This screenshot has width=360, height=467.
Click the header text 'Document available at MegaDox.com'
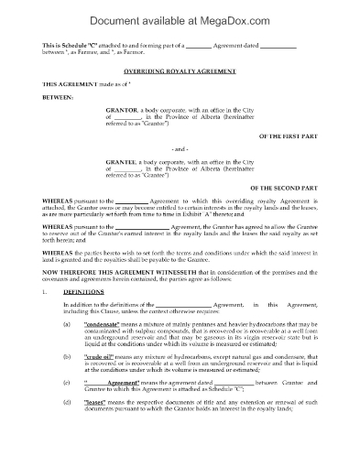coord(180,14)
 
